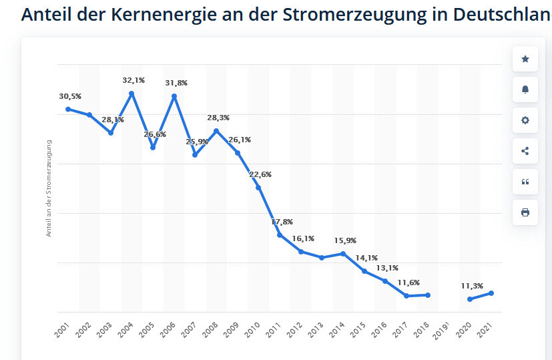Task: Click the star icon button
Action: pos(525,59)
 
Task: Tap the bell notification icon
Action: pos(525,90)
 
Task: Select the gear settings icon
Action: pos(525,121)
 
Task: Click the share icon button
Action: pos(525,151)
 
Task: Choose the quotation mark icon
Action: pos(525,182)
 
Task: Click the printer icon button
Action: pos(525,212)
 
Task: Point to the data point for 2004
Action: pos(132,93)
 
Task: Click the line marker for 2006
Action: pos(174,96)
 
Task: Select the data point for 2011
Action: pos(280,235)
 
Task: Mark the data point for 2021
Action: pos(491,293)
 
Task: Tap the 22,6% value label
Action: pos(260,174)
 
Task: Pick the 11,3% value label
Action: pos(472,286)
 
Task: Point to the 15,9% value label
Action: pos(345,240)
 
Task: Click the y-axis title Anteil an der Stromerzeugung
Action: pos(49,188)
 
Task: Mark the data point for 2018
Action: pos(428,295)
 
